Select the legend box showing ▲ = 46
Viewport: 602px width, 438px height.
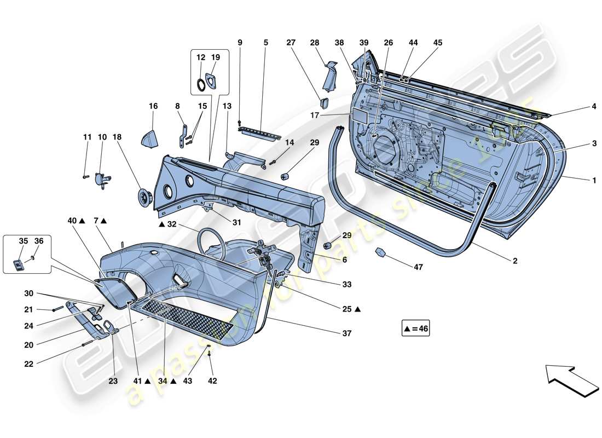click(x=415, y=330)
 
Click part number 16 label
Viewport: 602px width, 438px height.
click(x=153, y=106)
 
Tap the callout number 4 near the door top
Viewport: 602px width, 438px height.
click(x=594, y=107)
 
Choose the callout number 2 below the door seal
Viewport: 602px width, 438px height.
click(x=515, y=261)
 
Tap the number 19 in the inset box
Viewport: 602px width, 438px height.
click(x=216, y=57)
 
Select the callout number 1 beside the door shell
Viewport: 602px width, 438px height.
click(x=594, y=180)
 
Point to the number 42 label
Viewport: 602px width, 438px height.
click(x=212, y=381)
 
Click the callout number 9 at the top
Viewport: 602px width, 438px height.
click(x=240, y=43)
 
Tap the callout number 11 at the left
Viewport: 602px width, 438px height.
click(x=86, y=136)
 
